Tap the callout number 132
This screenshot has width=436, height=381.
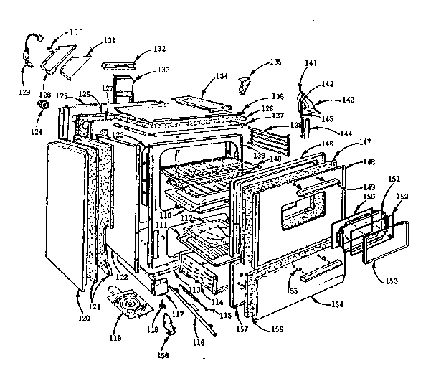(x=158, y=49)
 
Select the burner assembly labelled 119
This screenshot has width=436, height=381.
(x=131, y=306)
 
